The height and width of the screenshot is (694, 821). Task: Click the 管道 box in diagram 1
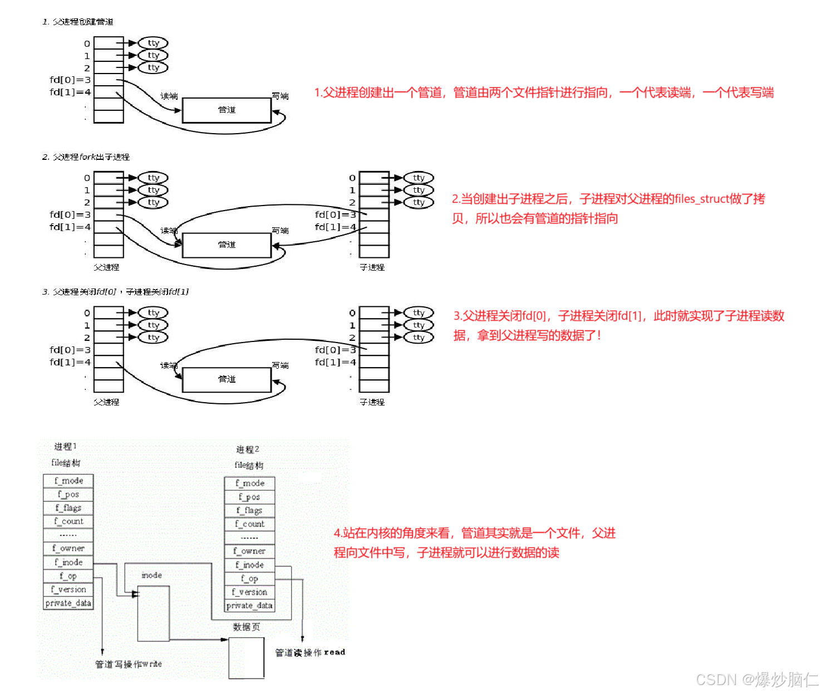(227, 110)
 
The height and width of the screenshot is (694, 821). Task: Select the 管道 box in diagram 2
(227, 245)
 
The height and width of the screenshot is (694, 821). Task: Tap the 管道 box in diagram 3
(227, 379)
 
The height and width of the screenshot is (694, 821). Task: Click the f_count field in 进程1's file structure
(68, 521)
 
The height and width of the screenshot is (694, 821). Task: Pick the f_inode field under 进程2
(249, 565)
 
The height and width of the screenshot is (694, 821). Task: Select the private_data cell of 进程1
(68, 603)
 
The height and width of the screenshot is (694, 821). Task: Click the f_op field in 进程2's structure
(249, 579)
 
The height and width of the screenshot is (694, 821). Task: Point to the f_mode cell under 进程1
(68, 481)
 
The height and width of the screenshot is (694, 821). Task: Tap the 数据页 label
(246, 627)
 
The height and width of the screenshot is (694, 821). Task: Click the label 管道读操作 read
(310, 652)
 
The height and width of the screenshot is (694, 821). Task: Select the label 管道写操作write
(128, 664)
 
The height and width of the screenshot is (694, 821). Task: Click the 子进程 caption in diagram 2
(372, 267)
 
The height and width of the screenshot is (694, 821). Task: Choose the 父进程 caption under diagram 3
(106, 402)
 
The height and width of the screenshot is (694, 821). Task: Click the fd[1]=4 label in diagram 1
(70, 92)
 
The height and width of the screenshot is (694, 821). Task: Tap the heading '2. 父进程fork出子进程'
(86, 157)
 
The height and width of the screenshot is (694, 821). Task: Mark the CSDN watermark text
(756, 680)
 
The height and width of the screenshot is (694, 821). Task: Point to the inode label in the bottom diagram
(151, 575)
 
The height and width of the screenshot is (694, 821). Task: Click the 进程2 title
(248, 449)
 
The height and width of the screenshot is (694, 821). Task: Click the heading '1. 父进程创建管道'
(78, 22)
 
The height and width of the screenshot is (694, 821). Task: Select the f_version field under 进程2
(249, 592)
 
